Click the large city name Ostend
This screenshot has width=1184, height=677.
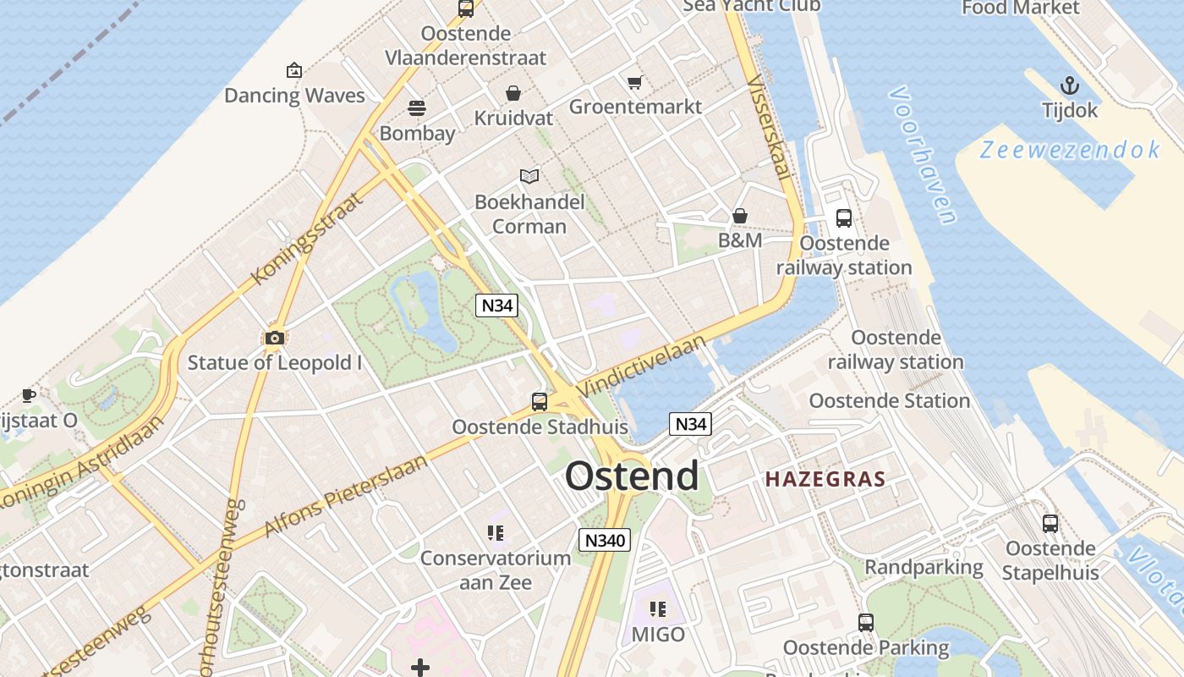click(x=632, y=476)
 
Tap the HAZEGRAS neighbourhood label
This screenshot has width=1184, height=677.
click(x=825, y=479)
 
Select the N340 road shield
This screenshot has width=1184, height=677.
click(x=605, y=540)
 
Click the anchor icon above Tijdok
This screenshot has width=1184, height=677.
click(x=1070, y=85)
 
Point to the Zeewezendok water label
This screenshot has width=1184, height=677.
click(x=1070, y=151)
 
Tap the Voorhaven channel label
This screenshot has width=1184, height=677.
click(x=923, y=155)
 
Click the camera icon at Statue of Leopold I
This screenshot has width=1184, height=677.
click(x=274, y=338)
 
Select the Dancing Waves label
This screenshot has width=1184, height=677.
click(x=294, y=96)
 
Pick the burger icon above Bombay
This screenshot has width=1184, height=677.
click(x=416, y=108)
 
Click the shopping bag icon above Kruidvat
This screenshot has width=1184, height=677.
click(x=513, y=93)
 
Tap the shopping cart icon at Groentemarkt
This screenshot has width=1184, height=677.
click(x=634, y=82)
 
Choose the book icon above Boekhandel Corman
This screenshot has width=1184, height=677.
click(x=529, y=176)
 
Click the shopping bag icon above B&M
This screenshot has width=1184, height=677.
click(x=740, y=216)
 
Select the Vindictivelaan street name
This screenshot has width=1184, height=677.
click(x=642, y=366)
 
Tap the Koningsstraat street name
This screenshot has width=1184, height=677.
click(x=307, y=239)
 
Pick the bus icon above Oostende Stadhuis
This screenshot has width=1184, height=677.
click(x=539, y=402)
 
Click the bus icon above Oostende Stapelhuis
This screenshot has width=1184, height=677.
click(x=1050, y=524)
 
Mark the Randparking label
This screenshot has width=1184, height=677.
click(x=924, y=567)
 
